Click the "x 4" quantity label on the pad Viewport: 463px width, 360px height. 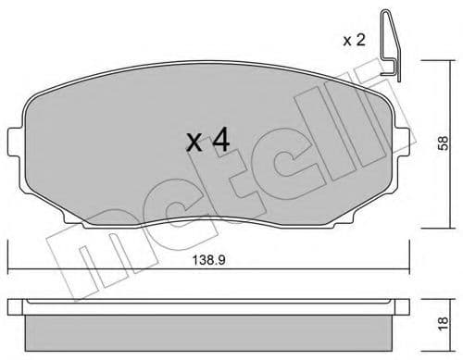[x=208, y=142]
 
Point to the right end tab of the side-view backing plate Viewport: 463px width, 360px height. [x=404, y=304]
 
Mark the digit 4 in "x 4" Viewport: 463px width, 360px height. [x=221, y=141]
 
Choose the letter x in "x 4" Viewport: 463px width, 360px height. [x=194, y=143]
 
